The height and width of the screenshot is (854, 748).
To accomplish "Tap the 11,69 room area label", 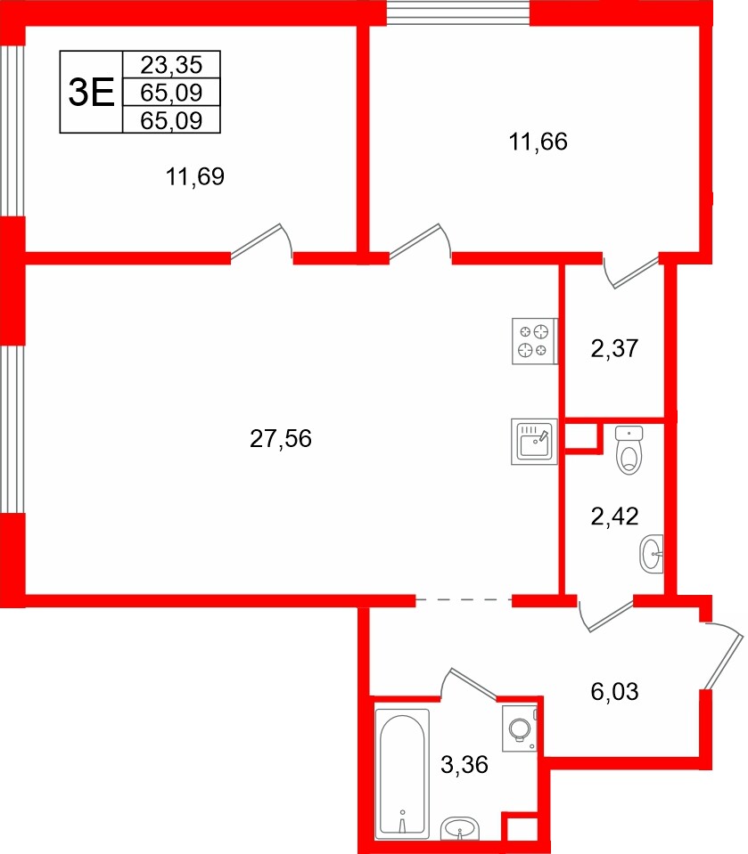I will click(x=194, y=177).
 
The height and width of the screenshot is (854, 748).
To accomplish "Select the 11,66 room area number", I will click(x=538, y=140).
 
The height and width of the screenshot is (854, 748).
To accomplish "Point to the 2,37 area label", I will click(x=615, y=348).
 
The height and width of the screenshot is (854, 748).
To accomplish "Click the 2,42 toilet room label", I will click(x=615, y=516).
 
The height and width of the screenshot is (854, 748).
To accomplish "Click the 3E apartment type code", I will click(x=91, y=93).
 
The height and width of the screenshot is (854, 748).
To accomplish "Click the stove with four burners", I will click(x=534, y=341).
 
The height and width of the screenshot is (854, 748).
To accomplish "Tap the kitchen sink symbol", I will click(x=534, y=442).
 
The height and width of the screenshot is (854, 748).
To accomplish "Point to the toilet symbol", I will click(x=629, y=451).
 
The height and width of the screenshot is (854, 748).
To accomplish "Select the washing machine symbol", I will click(x=519, y=730).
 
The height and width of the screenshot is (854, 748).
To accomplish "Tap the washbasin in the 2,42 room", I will click(x=652, y=553).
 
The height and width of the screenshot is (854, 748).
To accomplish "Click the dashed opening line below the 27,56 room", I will click(x=464, y=601).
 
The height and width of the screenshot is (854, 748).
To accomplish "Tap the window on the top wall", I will click(x=458, y=12).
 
